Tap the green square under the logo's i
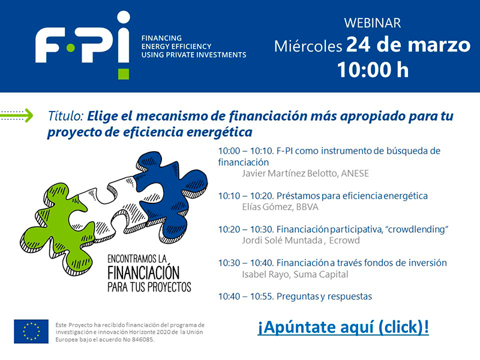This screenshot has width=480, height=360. pos(123,73)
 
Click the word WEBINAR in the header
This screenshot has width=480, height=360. pos(372,23)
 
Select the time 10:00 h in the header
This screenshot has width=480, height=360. pos(372,69)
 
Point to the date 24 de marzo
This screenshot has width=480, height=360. pos(408,45)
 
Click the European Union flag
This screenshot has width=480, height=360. pos(31,331)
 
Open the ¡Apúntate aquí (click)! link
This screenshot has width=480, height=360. pos(343,328)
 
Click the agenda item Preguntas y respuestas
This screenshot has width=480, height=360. pos(323,296)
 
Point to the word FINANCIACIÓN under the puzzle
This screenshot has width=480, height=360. pos(143,271)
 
